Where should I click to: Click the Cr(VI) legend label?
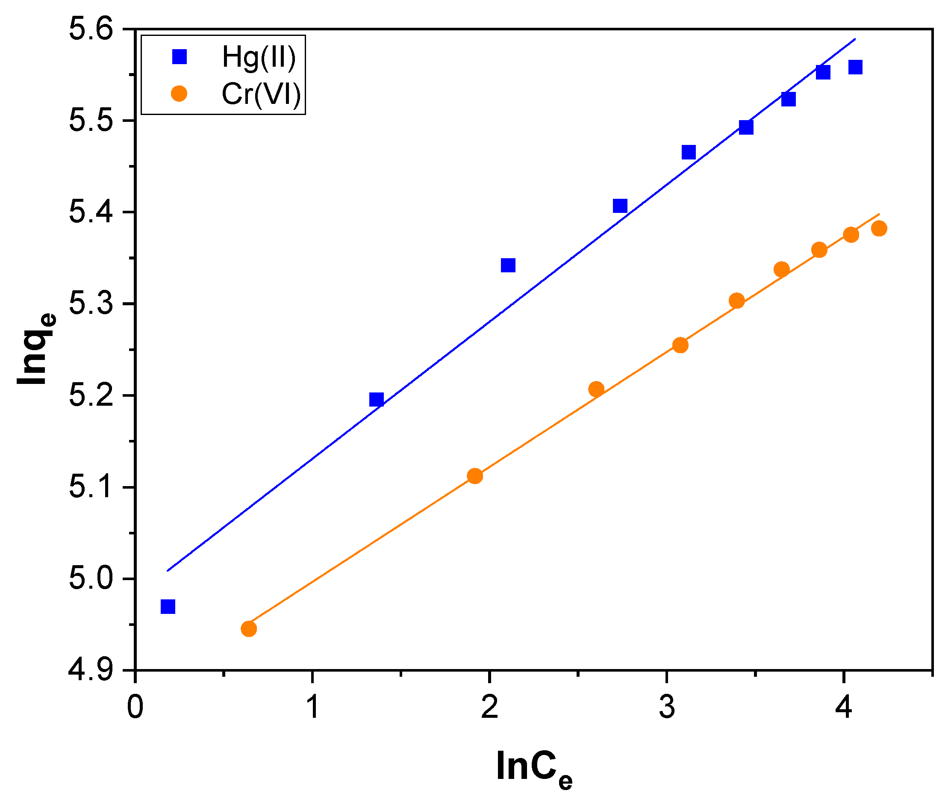(261, 94)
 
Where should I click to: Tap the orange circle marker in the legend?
(179, 94)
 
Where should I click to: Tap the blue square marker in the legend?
(180, 57)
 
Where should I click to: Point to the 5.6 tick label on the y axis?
(90, 29)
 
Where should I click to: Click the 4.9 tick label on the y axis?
(90, 670)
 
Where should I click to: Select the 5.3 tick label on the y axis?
(90, 304)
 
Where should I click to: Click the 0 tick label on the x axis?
(135, 708)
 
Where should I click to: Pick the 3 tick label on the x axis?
(667, 708)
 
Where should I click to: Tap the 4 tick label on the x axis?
(844, 708)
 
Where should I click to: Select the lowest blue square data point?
(168, 607)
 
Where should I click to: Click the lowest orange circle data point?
(248, 629)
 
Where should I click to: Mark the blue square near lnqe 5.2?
(376, 400)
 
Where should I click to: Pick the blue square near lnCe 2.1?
(508, 265)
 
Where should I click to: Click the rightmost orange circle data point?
(879, 229)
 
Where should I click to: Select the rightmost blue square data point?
(855, 68)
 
